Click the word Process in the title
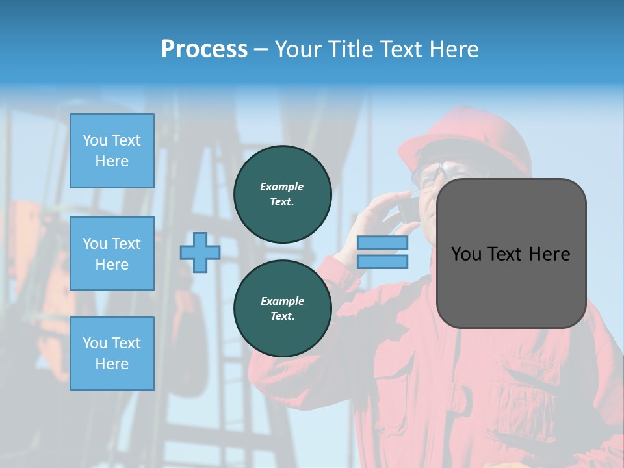[x=204, y=49]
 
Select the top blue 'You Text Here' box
[x=112, y=151]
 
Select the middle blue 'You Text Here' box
[x=112, y=253]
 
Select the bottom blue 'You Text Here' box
[x=112, y=353]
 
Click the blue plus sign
[x=200, y=252]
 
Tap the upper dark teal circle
[x=283, y=194]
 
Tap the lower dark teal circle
[x=283, y=308]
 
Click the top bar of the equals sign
[x=383, y=243]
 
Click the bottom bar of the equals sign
[x=383, y=261]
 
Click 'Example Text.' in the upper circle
[x=282, y=194]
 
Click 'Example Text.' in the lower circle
[x=282, y=308]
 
